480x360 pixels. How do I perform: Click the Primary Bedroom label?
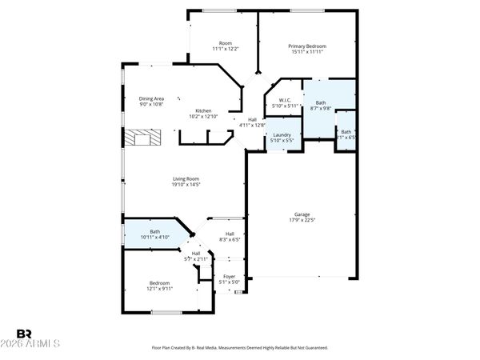tap(307, 46)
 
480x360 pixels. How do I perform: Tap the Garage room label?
tap(302, 214)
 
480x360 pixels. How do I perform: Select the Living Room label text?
tap(186, 178)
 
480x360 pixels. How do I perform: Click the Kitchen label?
tap(203, 111)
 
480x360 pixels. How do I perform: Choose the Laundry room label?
tap(282, 134)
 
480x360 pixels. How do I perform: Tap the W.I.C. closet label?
tap(285, 100)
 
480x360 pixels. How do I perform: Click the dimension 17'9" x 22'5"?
tap(302, 221)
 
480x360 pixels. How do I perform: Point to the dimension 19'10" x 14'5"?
tap(186, 185)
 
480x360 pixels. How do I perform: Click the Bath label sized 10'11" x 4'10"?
tap(154, 231)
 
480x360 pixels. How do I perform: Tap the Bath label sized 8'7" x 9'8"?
tap(321, 102)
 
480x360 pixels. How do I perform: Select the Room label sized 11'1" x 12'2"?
tap(226, 43)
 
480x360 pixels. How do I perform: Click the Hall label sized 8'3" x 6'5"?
tap(229, 233)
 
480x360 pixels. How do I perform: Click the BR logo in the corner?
tap(25, 333)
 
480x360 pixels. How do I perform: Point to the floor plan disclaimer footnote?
tap(240, 348)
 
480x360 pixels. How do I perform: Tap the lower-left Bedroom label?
tap(158, 282)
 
